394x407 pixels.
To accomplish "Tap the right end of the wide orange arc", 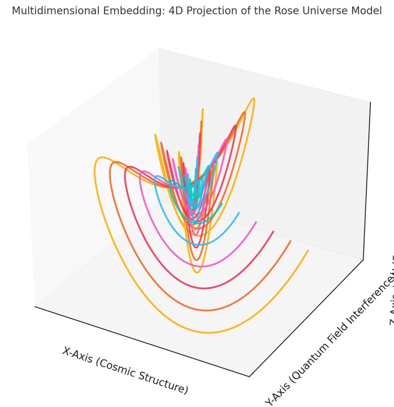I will click(x=291, y=241).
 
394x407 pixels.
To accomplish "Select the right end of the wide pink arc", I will click(x=256, y=222).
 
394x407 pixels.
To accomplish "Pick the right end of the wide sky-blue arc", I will click(x=239, y=213).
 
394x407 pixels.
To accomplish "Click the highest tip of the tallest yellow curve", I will click(x=253, y=98).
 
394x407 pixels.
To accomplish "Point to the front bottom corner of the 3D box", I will click(x=249, y=376).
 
